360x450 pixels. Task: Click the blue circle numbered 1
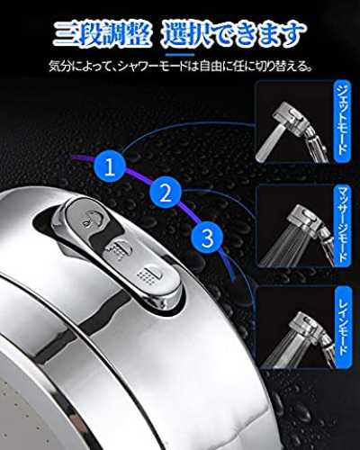pos(110,166)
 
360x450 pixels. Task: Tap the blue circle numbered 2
pos(166,193)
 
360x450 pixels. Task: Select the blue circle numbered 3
pos(207,237)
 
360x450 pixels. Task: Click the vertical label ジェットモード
pos(342,121)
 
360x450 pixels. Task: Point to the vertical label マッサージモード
pos(342,225)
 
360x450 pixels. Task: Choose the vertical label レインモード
pos(342,328)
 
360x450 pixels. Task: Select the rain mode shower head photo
pos(294,328)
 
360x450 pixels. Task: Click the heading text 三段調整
pos(102,35)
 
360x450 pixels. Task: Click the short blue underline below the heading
pos(180,55)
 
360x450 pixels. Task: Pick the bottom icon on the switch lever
pos(149,274)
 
